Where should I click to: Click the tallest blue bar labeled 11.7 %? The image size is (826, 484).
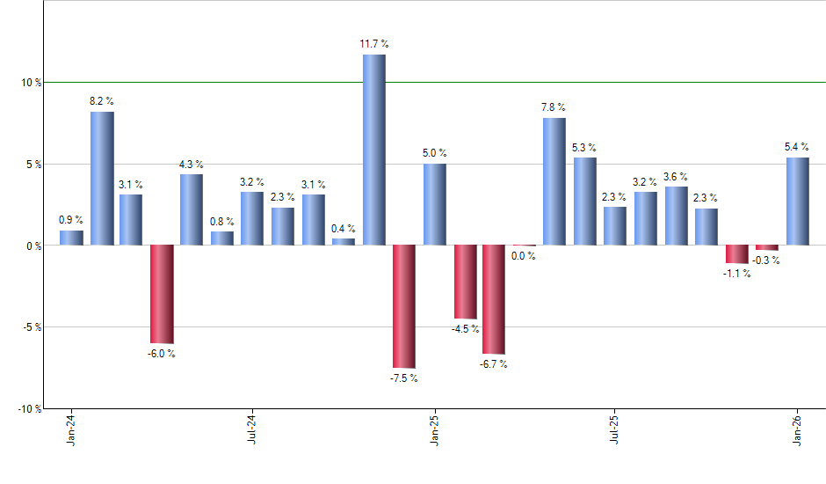coord(373,150)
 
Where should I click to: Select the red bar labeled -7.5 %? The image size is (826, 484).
coord(403,306)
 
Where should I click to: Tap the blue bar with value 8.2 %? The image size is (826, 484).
coord(102,179)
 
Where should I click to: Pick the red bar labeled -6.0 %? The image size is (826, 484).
coord(162,294)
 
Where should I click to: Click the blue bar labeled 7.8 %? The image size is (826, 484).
coord(554,181)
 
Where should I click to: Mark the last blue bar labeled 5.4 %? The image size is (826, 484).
coord(797,201)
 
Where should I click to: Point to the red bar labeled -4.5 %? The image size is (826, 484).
coord(464,282)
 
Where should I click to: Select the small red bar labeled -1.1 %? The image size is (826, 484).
coord(736,253)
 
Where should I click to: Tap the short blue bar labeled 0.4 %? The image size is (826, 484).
coord(344,241)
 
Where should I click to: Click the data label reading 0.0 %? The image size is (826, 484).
coord(524,257)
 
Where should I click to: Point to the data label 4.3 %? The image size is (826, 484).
coord(192,165)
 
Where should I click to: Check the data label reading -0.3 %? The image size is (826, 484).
coord(767,260)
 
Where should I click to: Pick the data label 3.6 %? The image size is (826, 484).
coord(676,177)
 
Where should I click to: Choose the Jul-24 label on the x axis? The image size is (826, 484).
coord(251,429)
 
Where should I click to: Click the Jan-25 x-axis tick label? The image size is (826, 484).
coord(433,429)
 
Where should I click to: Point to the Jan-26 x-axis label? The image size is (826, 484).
coord(797,429)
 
